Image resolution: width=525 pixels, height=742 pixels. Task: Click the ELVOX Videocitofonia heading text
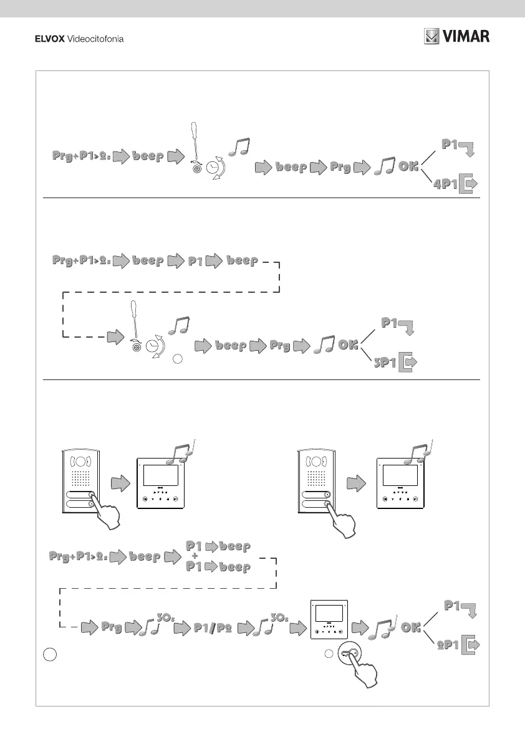(78, 39)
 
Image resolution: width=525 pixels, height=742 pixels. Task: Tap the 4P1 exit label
(446, 184)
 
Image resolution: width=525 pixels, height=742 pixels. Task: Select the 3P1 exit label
(385, 363)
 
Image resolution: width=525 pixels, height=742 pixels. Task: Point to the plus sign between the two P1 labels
(195, 556)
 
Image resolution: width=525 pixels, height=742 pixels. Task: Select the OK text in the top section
(409, 167)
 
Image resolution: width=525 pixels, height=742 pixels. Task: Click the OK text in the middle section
(348, 345)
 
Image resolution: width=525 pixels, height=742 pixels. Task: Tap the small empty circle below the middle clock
(178, 359)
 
